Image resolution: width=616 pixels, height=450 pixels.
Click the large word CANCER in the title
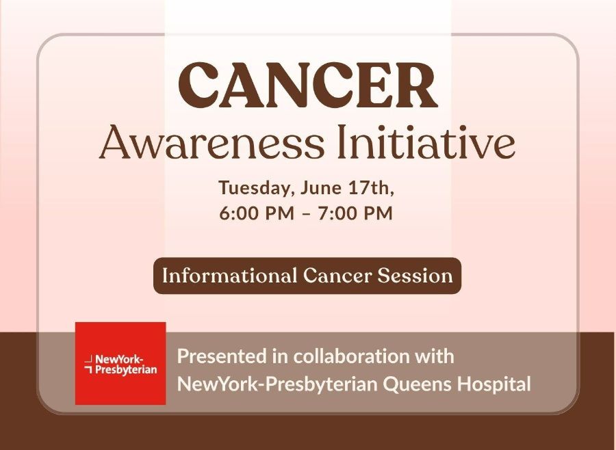click(x=307, y=85)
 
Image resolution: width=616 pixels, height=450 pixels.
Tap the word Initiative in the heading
click(x=426, y=142)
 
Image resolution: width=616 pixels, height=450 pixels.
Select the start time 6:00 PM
click(x=257, y=214)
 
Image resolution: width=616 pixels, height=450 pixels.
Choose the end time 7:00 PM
click(x=355, y=214)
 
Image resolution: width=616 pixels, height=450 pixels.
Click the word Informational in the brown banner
click(x=229, y=276)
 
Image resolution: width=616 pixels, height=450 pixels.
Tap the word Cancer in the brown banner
click(x=337, y=276)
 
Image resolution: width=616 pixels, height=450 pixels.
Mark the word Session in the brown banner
click(x=415, y=276)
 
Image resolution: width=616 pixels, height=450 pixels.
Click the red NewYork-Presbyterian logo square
click(x=120, y=363)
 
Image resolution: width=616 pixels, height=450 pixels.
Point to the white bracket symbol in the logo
click(x=88, y=365)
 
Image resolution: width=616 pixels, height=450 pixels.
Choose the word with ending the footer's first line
click(x=435, y=356)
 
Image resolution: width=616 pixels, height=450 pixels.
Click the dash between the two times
click(x=306, y=215)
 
